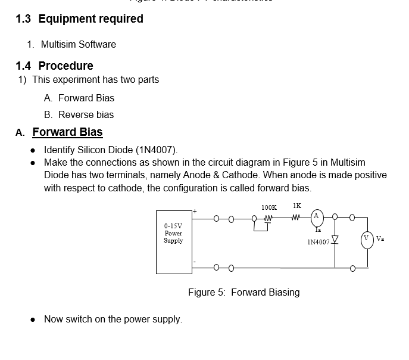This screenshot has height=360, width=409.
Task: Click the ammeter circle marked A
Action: click(317, 215)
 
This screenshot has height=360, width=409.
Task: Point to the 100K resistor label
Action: click(269, 207)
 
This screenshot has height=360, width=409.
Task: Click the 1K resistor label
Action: click(297, 205)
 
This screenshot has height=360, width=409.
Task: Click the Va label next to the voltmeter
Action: click(380, 239)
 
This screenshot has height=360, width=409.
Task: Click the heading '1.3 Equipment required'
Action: click(79, 18)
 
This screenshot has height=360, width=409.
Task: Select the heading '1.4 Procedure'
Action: click(54, 66)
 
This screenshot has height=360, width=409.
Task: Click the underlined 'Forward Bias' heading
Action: click(67, 132)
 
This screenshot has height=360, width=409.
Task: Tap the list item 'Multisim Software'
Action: click(79, 44)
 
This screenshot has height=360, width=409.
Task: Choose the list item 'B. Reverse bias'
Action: click(79, 114)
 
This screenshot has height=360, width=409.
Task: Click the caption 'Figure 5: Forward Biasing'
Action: click(243, 292)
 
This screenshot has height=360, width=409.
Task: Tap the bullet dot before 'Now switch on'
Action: click(34, 319)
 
